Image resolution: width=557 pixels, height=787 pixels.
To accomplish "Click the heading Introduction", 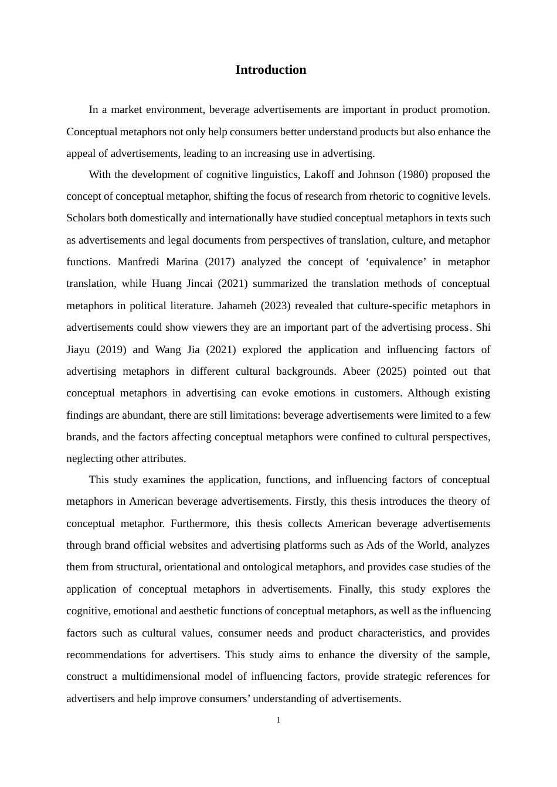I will pyautogui.click(x=270, y=70).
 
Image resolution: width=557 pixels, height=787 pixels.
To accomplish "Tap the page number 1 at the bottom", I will pyautogui.click(x=278, y=720).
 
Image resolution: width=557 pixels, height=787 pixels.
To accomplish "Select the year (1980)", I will pyautogui.click(x=375, y=174).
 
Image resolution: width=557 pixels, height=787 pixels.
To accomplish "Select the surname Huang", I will pyautogui.click(x=167, y=283).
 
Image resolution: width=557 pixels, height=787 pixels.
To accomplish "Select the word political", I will pyautogui.click(x=147, y=306).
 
